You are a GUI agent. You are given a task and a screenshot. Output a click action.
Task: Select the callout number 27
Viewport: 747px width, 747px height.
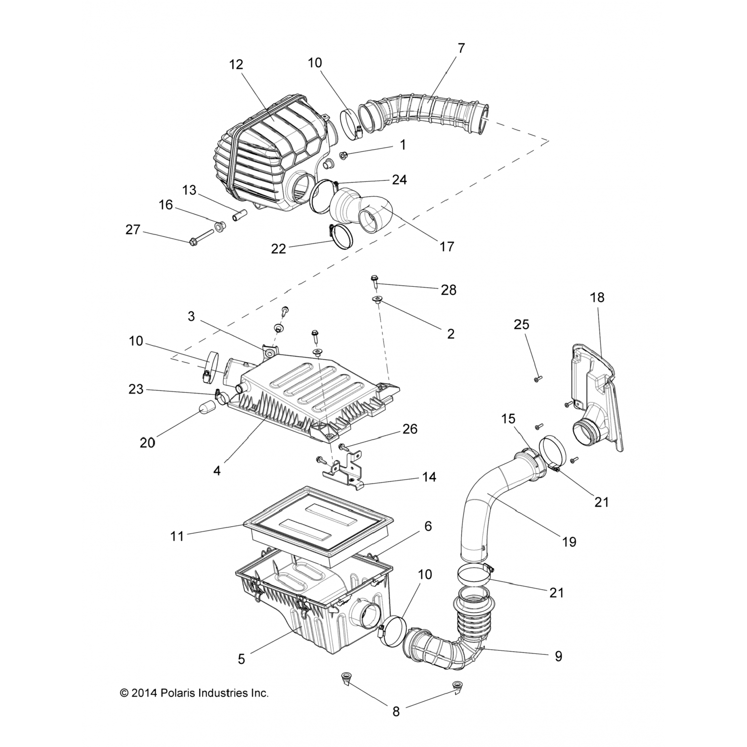click(132, 230)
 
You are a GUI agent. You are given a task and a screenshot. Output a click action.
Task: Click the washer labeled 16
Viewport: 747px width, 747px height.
click(219, 228)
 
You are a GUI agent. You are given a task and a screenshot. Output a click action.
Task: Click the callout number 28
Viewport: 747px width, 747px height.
click(448, 290)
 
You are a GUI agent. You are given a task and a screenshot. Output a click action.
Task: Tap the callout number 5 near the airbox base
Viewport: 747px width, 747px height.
click(242, 659)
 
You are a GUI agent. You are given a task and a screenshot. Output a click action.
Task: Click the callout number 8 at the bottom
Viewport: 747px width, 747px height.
click(396, 711)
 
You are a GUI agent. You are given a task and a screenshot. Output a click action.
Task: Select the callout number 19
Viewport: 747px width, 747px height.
click(569, 541)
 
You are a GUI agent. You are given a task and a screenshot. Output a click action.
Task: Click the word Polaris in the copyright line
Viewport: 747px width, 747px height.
click(178, 693)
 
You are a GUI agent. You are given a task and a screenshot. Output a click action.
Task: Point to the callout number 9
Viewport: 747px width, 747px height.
click(558, 656)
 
